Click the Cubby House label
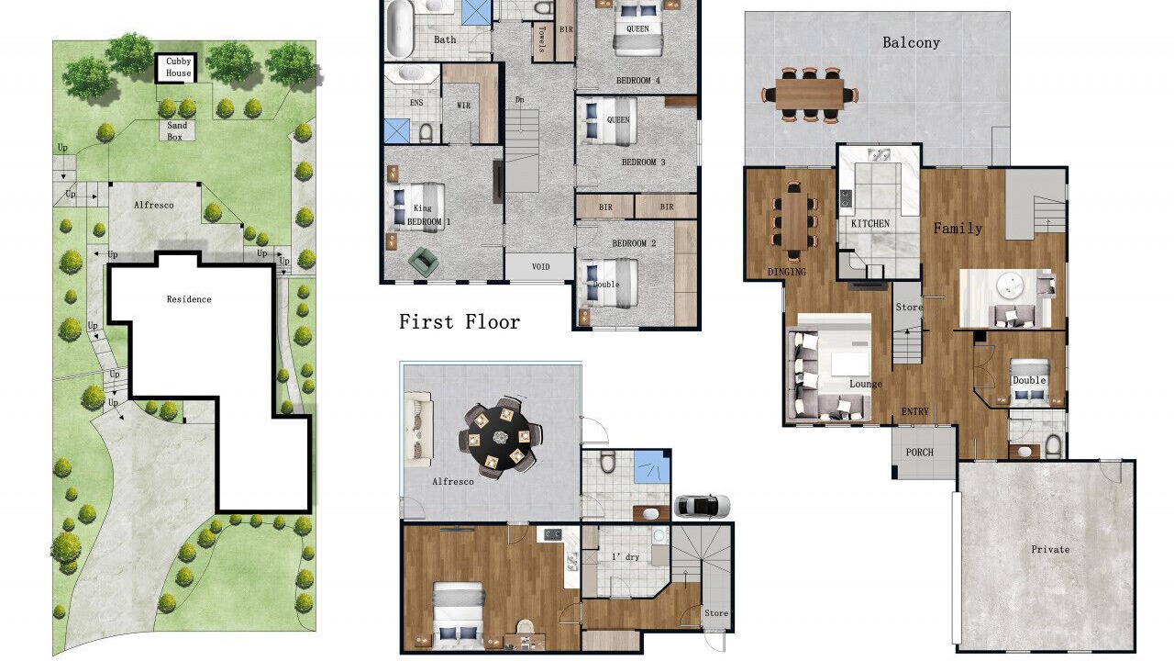coord(178,67)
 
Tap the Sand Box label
coord(177,131)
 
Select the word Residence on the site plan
coord(189,299)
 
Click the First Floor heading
coord(460,321)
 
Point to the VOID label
coord(540,266)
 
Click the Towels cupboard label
coord(541,39)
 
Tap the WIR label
coord(464,106)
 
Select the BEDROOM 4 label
coord(637,80)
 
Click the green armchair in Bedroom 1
coord(424,262)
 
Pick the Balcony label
coord(911,42)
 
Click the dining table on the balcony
coord(809,95)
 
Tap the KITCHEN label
coord(870,223)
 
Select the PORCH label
coord(919,453)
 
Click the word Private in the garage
coord(1050,549)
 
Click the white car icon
coord(702,506)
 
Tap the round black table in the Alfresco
coord(500,436)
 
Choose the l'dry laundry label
coord(626,557)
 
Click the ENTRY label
coord(915,412)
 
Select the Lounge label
coord(866,384)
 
